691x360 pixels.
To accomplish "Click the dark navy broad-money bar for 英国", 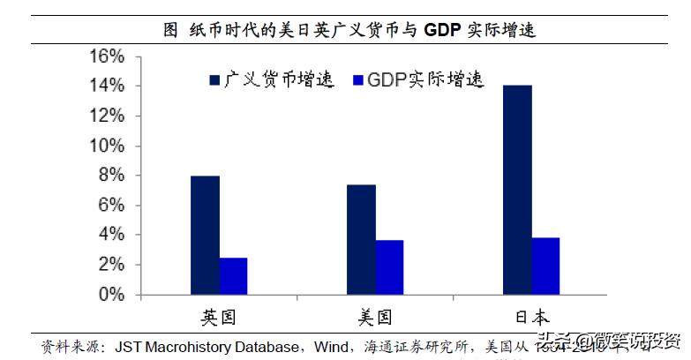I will click(206, 235).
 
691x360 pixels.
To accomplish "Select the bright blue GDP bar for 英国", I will click(233, 275).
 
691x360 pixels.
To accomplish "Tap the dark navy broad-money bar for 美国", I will click(362, 239).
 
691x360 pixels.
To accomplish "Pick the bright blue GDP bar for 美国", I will click(389, 266).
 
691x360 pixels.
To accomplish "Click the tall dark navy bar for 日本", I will click(517, 189).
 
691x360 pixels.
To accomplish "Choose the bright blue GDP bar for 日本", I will click(545, 266).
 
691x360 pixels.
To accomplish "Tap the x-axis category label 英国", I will click(219, 317).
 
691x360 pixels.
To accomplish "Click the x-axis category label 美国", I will click(375, 317).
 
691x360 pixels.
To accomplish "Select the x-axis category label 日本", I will click(531, 317).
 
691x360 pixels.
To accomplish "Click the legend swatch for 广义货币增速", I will click(214, 80).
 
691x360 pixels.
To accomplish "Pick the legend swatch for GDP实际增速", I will click(358, 80).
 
